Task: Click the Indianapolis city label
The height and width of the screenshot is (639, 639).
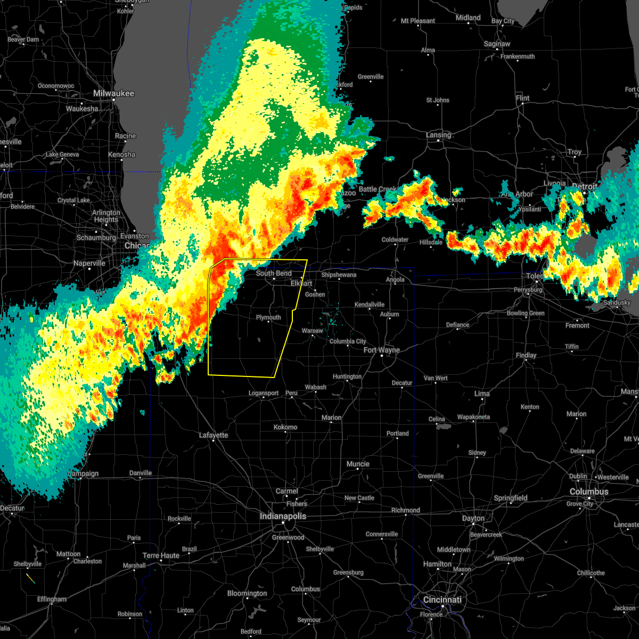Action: (x=283, y=516)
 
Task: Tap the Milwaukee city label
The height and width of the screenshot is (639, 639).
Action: (x=113, y=93)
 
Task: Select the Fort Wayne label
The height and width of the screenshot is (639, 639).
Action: (x=381, y=350)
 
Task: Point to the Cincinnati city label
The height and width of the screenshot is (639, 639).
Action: (x=443, y=600)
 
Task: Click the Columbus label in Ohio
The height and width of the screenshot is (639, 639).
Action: (x=588, y=491)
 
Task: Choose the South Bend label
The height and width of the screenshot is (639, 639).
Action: (x=274, y=273)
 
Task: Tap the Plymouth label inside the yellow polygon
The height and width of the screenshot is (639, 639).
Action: (x=268, y=317)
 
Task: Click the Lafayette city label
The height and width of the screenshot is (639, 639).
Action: (x=214, y=435)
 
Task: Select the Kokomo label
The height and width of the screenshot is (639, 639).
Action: (x=285, y=427)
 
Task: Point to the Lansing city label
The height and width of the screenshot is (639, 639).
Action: (x=438, y=135)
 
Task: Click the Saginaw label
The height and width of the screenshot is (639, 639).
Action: (x=497, y=44)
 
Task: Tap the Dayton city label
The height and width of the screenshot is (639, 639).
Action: (x=473, y=518)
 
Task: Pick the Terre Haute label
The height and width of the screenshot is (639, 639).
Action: (x=161, y=555)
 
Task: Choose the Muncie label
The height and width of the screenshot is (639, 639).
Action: (x=358, y=464)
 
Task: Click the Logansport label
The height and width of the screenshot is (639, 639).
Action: (x=264, y=393)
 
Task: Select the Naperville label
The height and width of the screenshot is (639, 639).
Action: (x=89, y=263)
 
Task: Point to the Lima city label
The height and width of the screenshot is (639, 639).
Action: (x=482, y=394)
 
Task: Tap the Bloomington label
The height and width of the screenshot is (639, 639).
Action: (x=247, y=593)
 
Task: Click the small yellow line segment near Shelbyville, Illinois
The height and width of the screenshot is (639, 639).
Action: (x=30, y=578)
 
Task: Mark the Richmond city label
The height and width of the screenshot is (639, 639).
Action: (x=406, y=510)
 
